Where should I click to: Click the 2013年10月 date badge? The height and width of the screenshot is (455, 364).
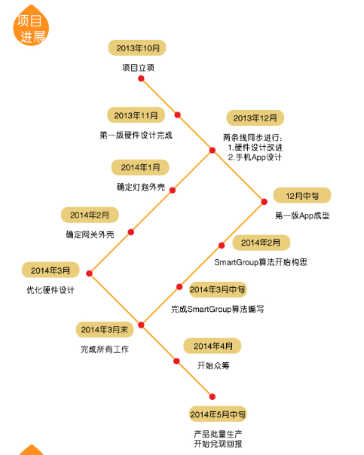coord(137,48)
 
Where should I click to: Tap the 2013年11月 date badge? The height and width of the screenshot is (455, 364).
coord(136,115)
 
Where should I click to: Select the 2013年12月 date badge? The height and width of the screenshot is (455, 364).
coord(255,118)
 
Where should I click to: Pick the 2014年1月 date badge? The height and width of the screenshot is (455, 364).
coord(140,167)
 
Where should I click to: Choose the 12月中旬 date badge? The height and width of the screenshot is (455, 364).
coord(302,196)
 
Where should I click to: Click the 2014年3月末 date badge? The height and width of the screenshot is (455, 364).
coord(105,330)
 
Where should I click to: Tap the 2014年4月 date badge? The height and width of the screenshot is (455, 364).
coord(213,346)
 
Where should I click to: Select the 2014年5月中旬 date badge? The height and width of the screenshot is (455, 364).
coord(218,414)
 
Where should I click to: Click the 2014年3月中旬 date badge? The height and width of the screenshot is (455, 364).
coord(218,289)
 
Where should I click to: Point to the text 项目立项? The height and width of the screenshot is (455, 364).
coord(138,68)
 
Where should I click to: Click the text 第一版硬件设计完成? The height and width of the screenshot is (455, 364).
coord(136,136)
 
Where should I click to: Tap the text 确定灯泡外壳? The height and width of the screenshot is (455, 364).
coord(141,187)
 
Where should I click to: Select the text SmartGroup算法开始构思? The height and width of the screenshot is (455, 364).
coord(261,262)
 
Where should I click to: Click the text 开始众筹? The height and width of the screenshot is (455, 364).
coord(213,365)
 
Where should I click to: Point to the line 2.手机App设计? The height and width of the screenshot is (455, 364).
coord(255,157)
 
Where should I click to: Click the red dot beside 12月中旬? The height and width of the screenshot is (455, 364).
coord(265,202)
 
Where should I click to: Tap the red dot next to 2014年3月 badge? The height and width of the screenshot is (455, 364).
coord(89,273)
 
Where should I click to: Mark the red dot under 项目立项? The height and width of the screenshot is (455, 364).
coord(141,78)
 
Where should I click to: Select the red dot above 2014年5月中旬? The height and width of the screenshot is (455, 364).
coord(213,397)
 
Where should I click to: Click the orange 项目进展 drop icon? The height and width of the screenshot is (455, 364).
coord(31,26)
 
